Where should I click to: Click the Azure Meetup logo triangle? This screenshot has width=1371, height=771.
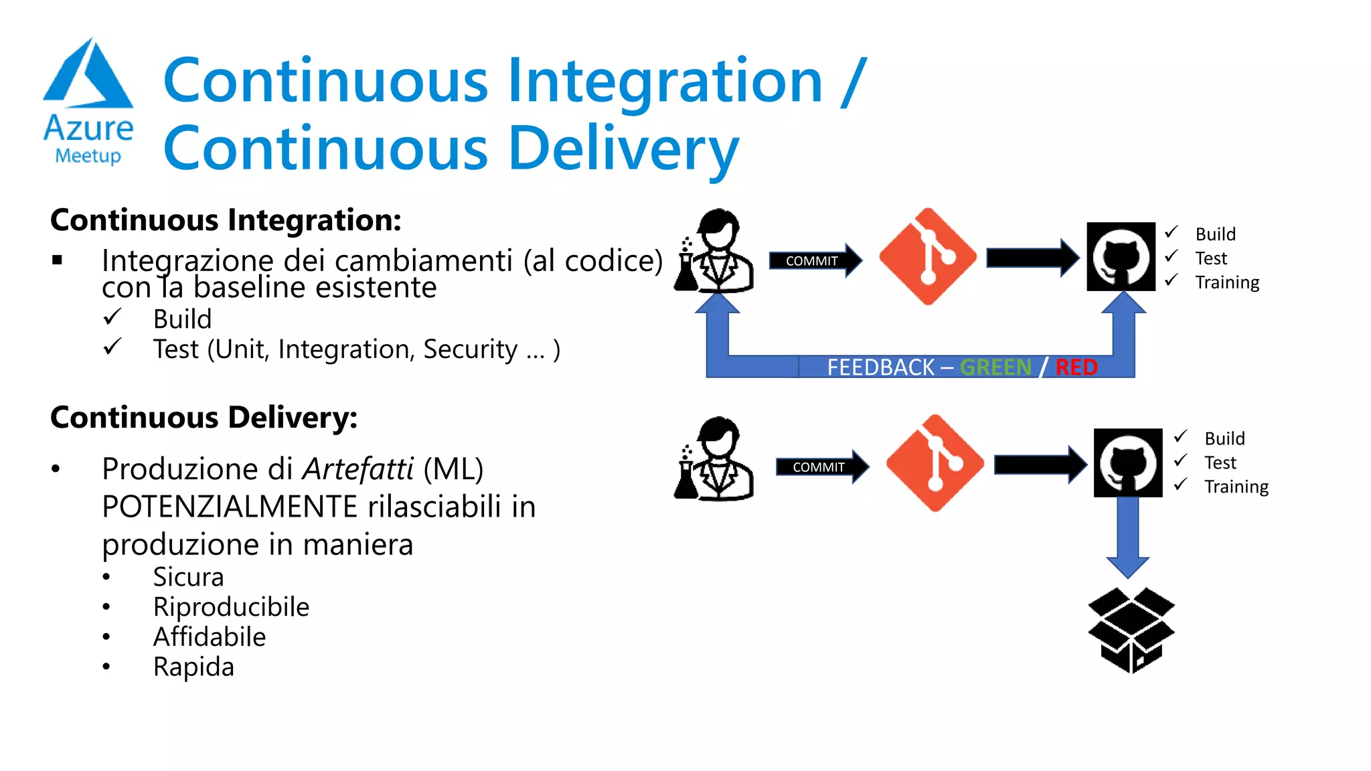(x=88, y=75)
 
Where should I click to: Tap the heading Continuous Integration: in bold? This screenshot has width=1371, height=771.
(x=226, y=220)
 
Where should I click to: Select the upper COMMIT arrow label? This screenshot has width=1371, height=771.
(x=811, y=261)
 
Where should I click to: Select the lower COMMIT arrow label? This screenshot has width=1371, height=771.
(x=818, y=467)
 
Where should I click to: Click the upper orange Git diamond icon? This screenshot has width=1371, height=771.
(x=927, y=256)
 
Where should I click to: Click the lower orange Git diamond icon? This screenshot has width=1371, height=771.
(x=935, y=463)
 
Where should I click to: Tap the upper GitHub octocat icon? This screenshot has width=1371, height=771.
(x=1121, y=257)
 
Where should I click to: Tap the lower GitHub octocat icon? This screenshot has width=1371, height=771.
(x=1128, y=463)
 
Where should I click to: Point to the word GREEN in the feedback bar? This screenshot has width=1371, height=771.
(x=995, y=367)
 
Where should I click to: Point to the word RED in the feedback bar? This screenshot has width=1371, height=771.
(x=1076, y=367)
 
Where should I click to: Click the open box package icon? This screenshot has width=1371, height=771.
(x=1131, y=630)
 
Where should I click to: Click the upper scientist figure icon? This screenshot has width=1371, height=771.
(x=715, y=252)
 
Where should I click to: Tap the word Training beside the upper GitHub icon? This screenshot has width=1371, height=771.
(x=1227, y=282)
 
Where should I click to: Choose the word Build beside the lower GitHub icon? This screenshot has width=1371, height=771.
(x=1224, y=438)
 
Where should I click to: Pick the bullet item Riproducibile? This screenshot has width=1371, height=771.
(x=231, y=607)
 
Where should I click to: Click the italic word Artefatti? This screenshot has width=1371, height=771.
(x=358, y=469)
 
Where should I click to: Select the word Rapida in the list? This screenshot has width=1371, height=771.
(x=193, y=667)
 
